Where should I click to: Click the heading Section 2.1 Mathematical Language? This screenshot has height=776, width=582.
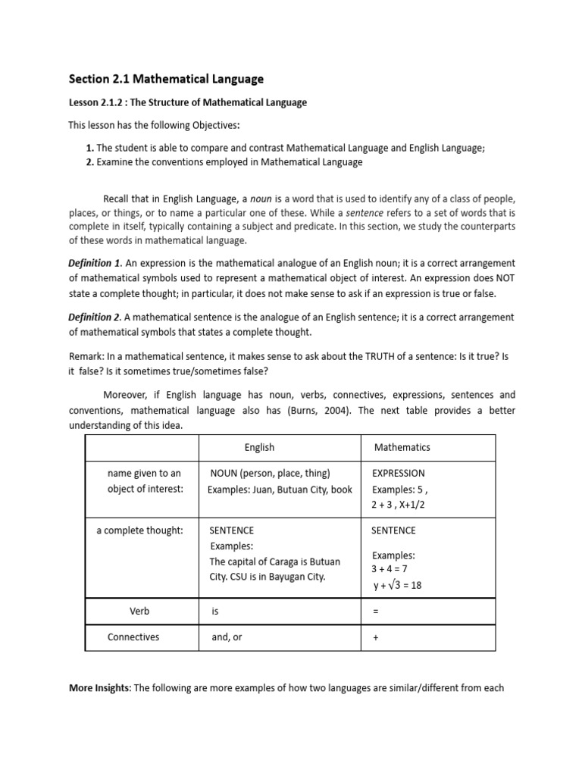[166, 78]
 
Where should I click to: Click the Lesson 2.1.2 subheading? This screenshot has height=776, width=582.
[187, 102]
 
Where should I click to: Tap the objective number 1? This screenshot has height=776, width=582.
[89, 149]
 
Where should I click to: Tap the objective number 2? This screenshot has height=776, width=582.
[89, 161]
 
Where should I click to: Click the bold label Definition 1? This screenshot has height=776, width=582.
[94, 263]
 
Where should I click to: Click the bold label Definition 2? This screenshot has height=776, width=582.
[94, 317]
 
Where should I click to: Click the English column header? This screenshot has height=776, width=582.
[259, 447]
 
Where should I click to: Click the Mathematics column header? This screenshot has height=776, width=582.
[402, 447]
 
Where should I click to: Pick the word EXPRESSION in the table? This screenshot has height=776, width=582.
[398, 473]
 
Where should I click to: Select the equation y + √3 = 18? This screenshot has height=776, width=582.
[398, 585]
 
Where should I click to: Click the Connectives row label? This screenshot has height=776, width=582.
[133, 637]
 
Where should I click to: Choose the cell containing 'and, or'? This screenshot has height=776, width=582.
[227, 637]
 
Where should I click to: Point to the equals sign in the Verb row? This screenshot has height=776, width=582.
[375, 610]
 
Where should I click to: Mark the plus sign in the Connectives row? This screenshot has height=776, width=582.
[375, 638]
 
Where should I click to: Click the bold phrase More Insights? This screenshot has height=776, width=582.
[99, 687]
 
